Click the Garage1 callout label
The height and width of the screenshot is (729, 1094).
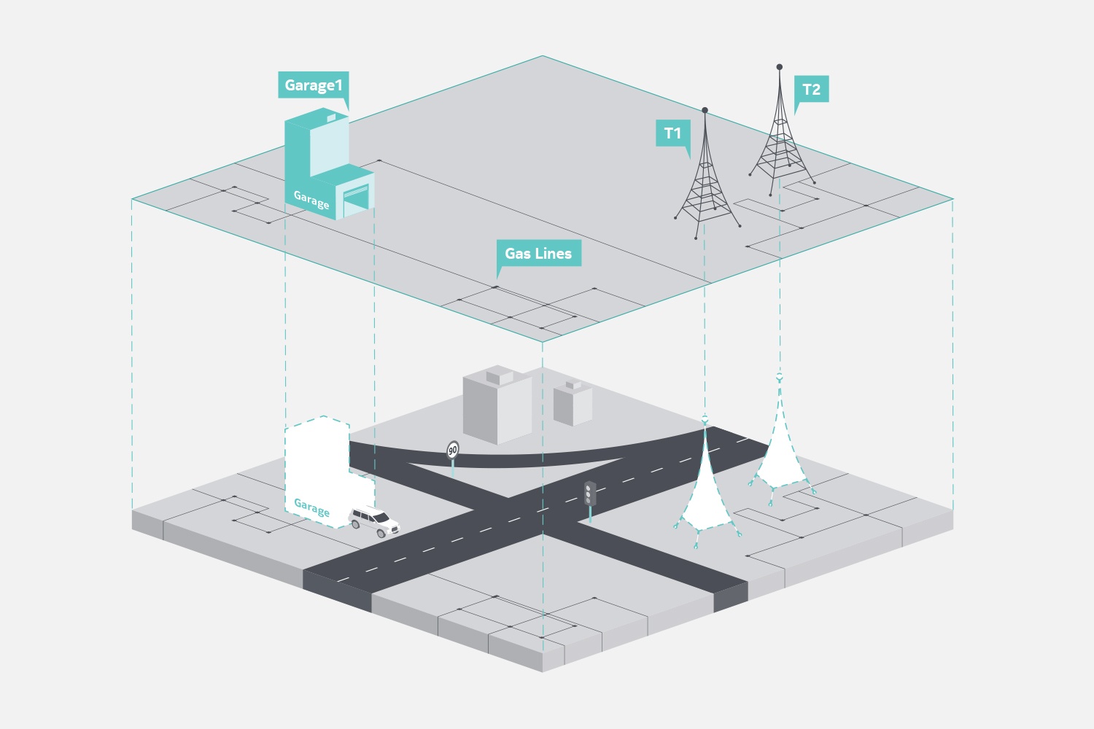314,85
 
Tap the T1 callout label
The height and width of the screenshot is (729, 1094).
672,133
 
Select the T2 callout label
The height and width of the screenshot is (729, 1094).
811,90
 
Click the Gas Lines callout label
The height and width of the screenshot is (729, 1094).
539,253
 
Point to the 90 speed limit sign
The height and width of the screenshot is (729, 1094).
453,450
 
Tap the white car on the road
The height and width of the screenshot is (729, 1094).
374,521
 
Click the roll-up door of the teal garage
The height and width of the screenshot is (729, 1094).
356,200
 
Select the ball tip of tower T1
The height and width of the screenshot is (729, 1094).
705,110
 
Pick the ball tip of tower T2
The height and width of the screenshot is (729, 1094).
780,67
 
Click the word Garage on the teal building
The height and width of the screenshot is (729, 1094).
311,200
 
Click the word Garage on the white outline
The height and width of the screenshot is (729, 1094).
311,508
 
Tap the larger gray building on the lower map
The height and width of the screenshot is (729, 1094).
497,405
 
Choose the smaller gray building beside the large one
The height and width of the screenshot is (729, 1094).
573,403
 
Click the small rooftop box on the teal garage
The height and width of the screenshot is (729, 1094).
331,117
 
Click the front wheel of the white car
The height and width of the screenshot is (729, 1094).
382,533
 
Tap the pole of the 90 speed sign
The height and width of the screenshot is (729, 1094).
453,467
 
